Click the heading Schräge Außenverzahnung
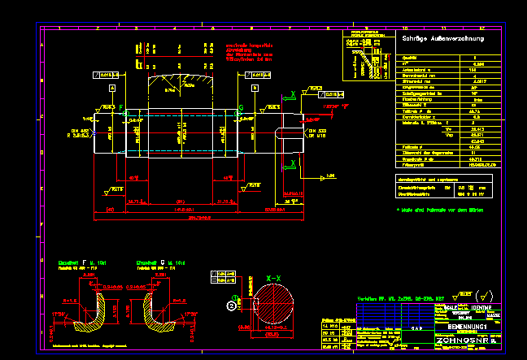443,38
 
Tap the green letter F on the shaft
123,107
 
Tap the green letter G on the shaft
240,107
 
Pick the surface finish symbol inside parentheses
485,295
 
